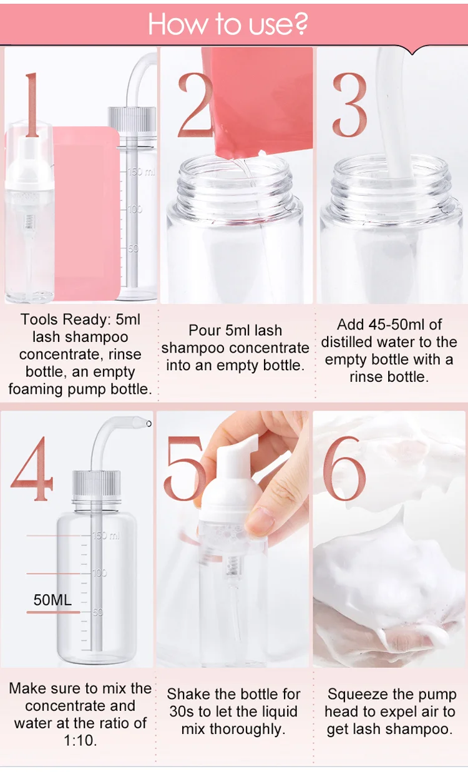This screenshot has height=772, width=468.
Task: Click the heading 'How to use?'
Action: [x=228, y=24]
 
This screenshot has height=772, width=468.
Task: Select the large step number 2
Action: [x=195, y=104]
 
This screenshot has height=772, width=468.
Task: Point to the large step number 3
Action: [x=349, y=104]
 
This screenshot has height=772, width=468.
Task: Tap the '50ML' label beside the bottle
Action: [x=52, y=600]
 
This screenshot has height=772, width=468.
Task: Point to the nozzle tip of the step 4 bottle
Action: [x=148, y=424]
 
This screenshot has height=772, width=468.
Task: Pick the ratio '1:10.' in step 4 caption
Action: [x=80, y=741]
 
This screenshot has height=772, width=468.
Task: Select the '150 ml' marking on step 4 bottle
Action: [x=107, y=535]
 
